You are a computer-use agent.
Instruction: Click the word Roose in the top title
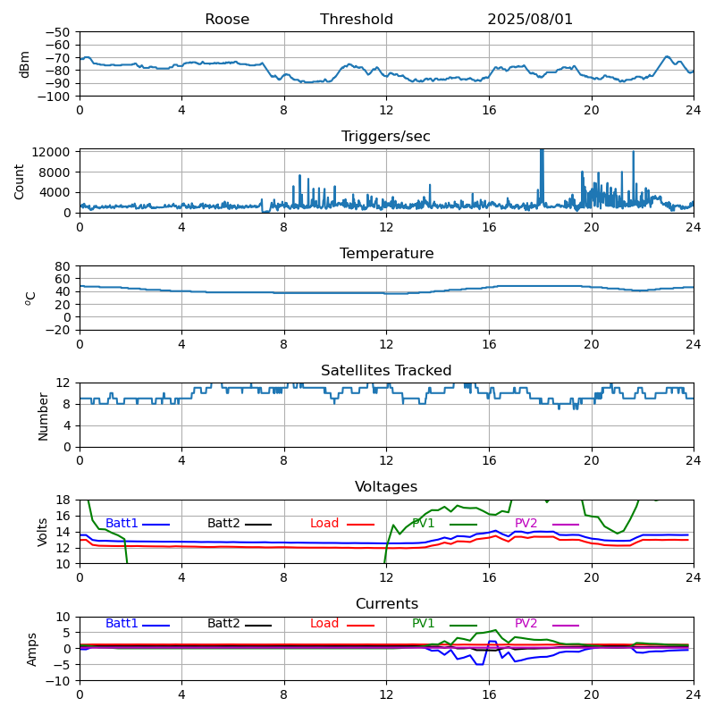click(x=227, y=20)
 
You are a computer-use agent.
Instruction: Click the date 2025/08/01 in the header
click(x=530, y=20)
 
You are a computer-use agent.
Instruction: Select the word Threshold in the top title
click(x=357, y=20)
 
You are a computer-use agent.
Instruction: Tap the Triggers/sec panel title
click(x=386, y=137)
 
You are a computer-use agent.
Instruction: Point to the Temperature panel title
click(x=386, y=254)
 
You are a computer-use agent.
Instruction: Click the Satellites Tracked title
click(x=386, y=371)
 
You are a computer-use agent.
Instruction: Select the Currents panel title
click(x=386, y=604)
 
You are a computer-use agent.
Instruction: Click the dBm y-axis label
click(x=25, y=63)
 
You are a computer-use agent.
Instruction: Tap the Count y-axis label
click(x=20, y=181)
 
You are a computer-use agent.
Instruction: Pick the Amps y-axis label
click(x=32, y=649)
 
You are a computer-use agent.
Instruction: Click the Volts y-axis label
click(x=44, y=532)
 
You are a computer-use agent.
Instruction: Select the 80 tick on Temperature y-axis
click(x=63, y=266)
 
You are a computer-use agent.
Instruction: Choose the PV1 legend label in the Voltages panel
click(x=424, y=524)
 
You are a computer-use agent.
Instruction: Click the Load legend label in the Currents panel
click(x=324, y=624)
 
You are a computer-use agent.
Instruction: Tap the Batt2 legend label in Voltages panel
click(x=223, y=524)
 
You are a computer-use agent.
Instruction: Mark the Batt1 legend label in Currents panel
click(x=122, y=624)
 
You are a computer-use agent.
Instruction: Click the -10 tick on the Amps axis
click(x=57, y=681)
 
